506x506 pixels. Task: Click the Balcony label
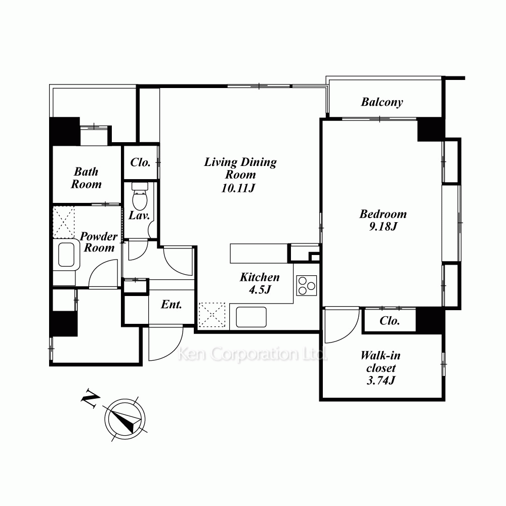point(382,102)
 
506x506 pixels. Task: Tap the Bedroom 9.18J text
point(383,220)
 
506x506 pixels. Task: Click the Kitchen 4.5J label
point(260,283)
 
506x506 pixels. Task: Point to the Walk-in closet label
point(381,368)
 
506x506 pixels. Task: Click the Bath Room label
point(86,178)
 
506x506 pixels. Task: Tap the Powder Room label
point(99,242)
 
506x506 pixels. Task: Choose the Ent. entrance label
point(172,304)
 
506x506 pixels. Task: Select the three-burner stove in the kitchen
point(307,285)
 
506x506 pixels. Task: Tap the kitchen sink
point(251,317)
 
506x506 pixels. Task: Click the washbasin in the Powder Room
point(66,255)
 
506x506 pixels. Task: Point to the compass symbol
point(125,419)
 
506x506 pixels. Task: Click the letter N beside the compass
point(90,399)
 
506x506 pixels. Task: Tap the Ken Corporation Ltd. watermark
point(253,354)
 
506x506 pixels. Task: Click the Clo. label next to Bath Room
point(140,162)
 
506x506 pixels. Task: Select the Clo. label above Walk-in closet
point(390,321)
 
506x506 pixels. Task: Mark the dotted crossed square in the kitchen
point(212,315)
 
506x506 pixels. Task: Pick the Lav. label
point(139,216)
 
